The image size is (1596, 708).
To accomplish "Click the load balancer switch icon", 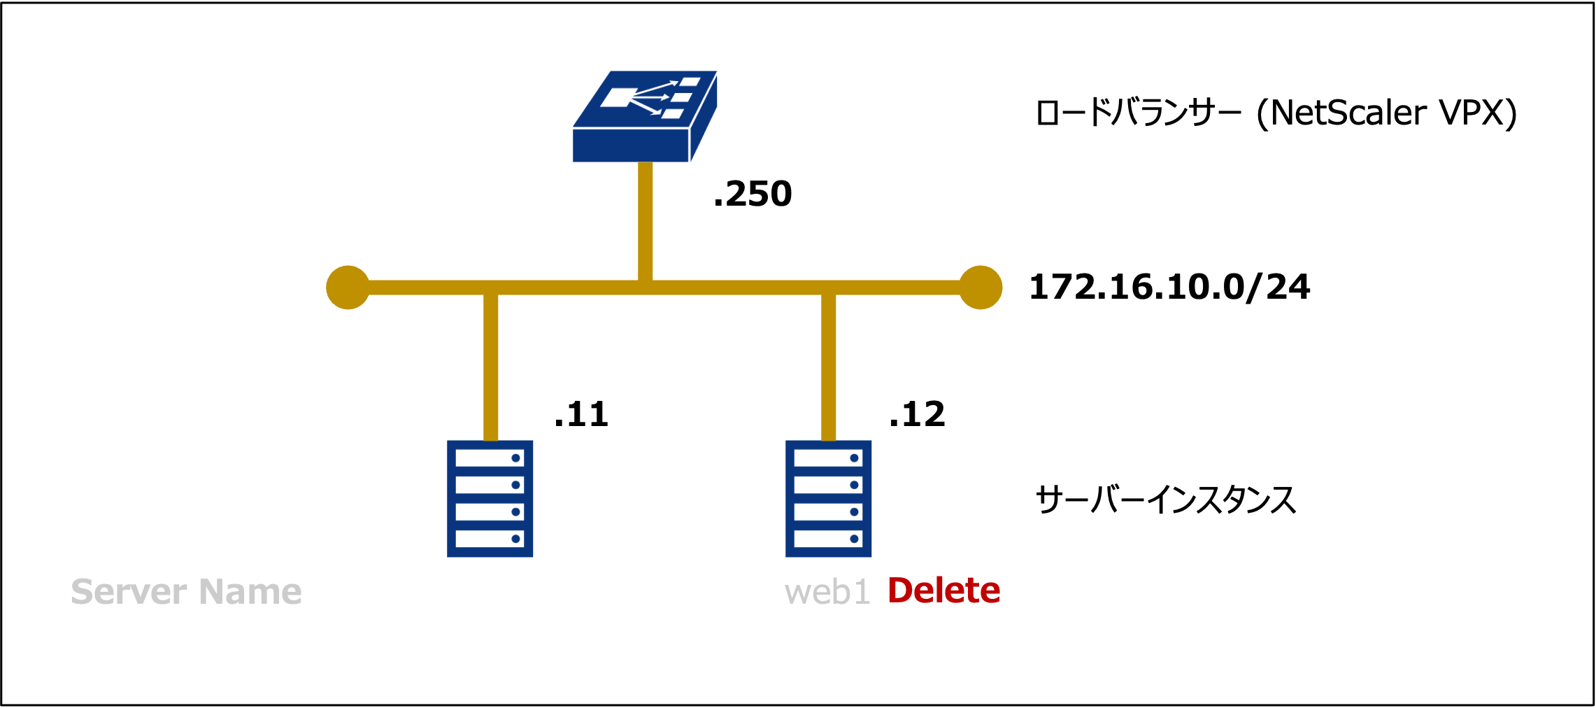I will click(644, 117).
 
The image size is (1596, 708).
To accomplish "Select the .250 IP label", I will click(753, 194).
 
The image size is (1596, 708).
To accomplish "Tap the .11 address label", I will click(580, 414).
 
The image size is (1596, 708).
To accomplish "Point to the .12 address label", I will click(917, 414).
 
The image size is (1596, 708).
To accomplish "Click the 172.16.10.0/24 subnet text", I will click(1169, 287).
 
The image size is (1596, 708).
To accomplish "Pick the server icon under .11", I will click(490, 498).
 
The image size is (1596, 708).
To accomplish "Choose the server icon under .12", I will click(828, 498).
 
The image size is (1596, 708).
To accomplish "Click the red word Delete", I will click(943, 590).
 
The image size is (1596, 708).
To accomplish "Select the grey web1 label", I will click(827, 593).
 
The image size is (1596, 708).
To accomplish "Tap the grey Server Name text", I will click(186, 592).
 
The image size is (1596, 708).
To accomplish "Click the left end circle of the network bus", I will click(348, 288).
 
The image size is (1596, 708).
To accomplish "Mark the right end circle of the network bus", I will click(980, 288).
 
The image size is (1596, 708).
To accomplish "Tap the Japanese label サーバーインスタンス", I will click(1165, 500).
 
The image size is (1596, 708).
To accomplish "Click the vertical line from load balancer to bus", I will click(645, 220).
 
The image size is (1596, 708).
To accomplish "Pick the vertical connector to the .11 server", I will click(490, 367).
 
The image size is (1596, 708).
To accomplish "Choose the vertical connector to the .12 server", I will click(828, 367).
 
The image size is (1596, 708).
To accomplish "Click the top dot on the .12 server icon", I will click(854, 458).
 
